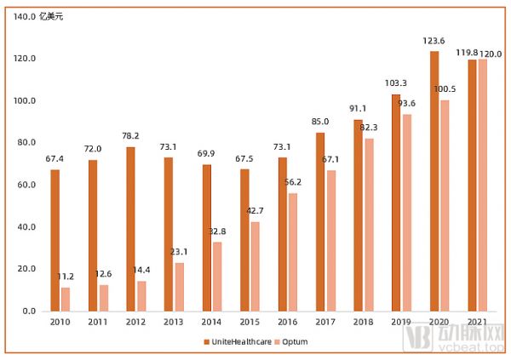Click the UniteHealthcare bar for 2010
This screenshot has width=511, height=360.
pos(55,241)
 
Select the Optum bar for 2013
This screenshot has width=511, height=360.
pos(180,287)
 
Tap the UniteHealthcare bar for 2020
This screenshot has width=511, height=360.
pos(434,181)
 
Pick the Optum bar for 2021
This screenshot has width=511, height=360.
pos(482,186)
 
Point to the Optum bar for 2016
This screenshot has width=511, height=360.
pos(293,252)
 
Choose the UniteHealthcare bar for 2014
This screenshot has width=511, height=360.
pos(207,237)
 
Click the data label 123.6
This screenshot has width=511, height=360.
pos(434,40)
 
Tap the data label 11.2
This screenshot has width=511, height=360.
pos(66,277)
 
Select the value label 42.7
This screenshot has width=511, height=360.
pos(255,210)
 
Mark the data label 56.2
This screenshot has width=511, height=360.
pos(293,182)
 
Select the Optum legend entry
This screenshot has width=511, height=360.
pos(291,341)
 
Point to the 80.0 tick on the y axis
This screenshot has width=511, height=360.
pos(23,143)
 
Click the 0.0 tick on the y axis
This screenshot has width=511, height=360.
pos(26,311)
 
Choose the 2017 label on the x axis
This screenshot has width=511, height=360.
pos(324,322)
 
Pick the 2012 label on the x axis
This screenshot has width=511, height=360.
pos(135,322)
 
